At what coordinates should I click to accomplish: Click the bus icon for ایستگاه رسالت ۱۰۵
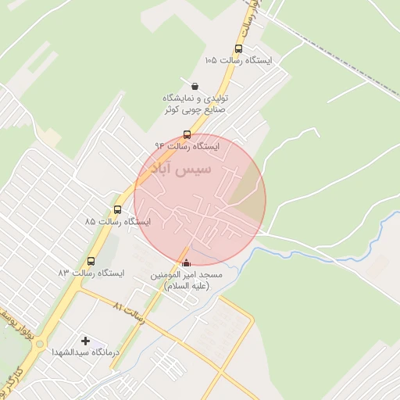(237, 48)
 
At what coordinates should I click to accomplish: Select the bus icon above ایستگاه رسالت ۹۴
(187, 134)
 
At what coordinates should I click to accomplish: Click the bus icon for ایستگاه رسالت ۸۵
(117, 209)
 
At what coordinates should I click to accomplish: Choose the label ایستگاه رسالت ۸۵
(117, 221)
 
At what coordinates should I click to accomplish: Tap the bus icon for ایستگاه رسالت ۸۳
(91, 261)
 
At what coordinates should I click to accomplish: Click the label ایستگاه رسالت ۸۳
(91, 273)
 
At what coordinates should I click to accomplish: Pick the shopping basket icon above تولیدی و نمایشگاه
(194, 86)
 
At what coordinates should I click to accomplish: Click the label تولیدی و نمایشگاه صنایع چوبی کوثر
(194, 104)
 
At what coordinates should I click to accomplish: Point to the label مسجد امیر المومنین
(187, 276)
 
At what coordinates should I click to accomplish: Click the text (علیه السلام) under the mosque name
(187, 287)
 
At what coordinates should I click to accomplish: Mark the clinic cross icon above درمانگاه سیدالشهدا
(85, 341)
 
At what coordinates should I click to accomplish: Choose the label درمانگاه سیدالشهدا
(84, 353)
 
